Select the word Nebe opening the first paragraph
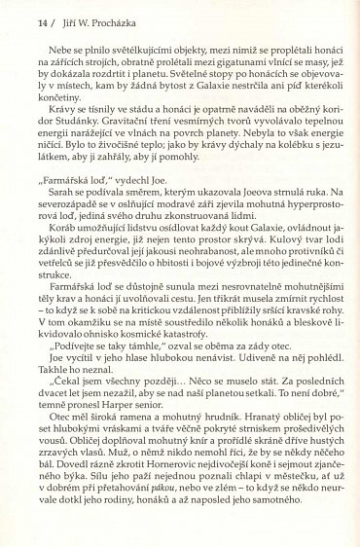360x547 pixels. (69, 60)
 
